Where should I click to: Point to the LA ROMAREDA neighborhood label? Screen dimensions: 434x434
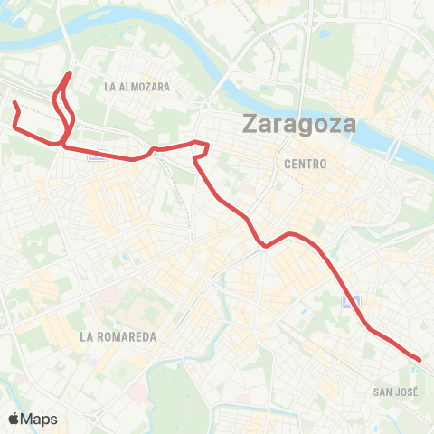118,336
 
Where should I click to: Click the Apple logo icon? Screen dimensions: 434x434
14,419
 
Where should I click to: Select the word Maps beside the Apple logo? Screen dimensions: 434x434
39,419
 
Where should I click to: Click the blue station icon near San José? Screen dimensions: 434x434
356,301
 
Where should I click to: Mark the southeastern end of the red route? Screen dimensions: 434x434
420,360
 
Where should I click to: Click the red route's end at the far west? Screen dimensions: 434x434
14,104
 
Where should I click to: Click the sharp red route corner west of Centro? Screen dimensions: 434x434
208,144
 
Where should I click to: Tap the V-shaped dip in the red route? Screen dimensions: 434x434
264,245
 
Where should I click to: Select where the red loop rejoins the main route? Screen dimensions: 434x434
61,142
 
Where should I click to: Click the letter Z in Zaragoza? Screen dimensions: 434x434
250,126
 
